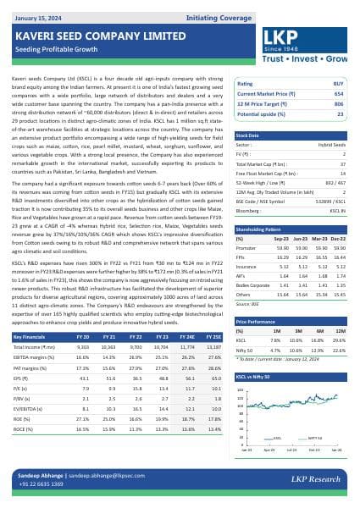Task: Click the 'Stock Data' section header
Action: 248,135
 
